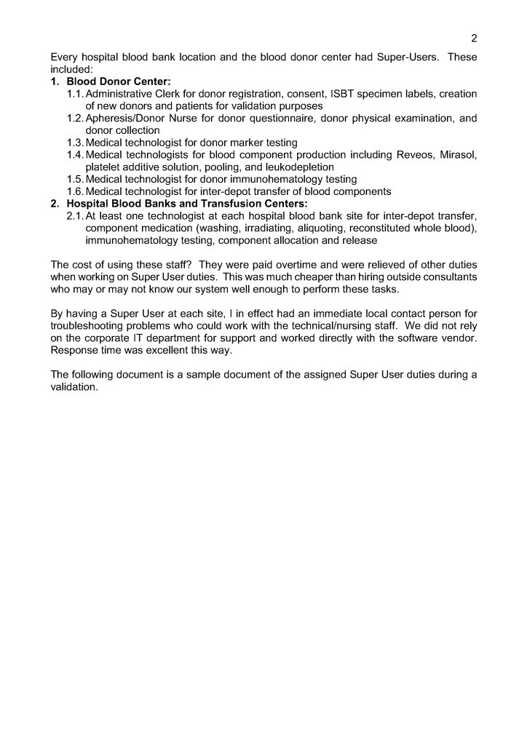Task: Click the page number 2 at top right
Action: tap(474, 39)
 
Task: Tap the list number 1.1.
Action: tap(75, 94)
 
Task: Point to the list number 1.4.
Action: tap(75, 155)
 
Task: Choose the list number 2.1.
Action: tap(75, 216)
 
